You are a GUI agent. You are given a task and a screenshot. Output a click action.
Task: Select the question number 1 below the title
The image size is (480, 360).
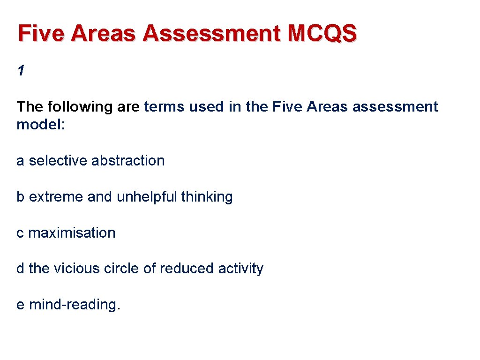click(x=20, y=71)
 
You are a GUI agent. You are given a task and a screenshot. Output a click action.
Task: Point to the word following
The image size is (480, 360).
click(x=80, y=107)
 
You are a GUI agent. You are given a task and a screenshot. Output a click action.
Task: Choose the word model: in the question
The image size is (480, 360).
click(x=41, y=125)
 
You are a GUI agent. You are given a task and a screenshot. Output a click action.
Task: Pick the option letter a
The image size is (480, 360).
click(x=21, y=161)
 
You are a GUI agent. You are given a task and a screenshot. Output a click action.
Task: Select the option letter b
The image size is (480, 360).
click(x=21, y=197)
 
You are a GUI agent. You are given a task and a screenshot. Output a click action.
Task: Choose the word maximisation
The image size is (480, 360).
click(x=72, y=233)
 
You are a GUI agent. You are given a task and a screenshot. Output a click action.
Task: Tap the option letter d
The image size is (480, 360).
click(x=21, y=269)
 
